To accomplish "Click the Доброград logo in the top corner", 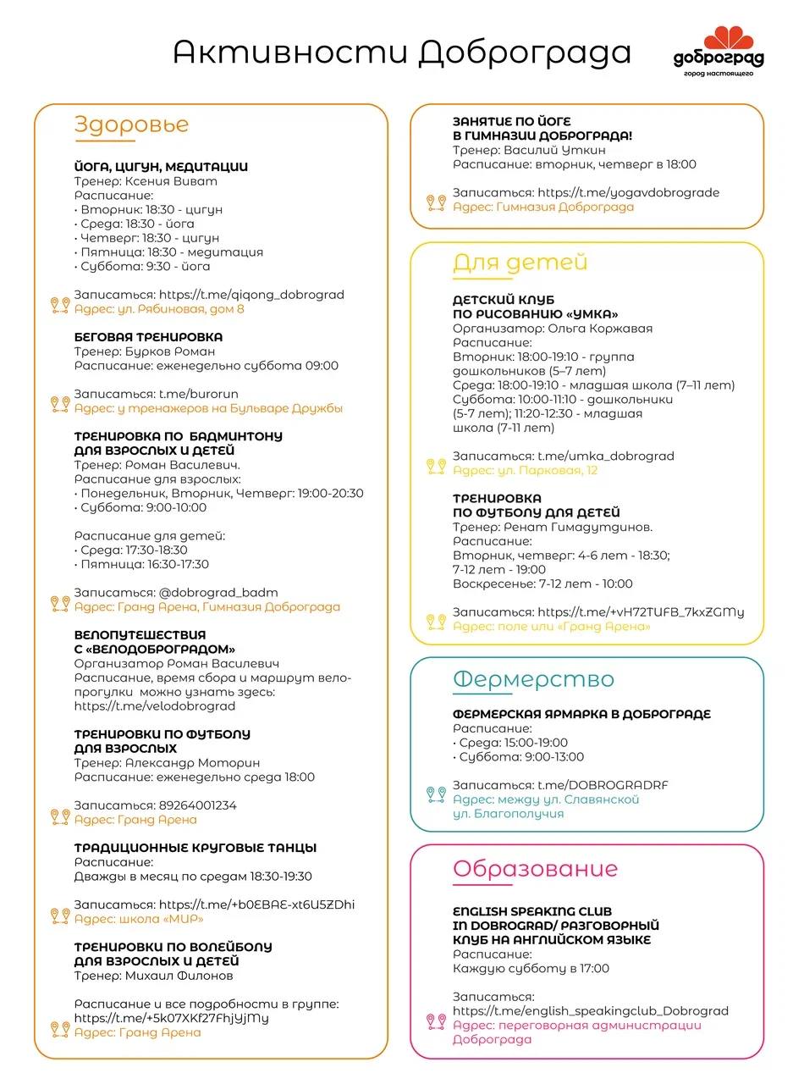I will click(x=719, y=51).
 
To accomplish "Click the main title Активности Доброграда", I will click(x=402, y=53).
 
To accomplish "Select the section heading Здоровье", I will click(x=131, y=124).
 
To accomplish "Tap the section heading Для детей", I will click(x=520, y=263).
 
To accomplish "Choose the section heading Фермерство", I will click(x=533, y=679).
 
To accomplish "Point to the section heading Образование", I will click(x=535, y=869).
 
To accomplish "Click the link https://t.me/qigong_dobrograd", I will click(x=251, y=295).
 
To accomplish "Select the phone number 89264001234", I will click(x=197, y=805).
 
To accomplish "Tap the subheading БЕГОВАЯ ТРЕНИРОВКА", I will click(x=148, y=337).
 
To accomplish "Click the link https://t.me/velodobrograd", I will click(x=155, y=705).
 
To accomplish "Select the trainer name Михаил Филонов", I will click(x=179, y=976).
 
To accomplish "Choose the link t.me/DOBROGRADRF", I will click(x=603, y=785).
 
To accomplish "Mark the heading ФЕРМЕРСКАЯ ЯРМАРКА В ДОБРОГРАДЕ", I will click(x=581, y=714).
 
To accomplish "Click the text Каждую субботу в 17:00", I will click(x=531, y=969).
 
